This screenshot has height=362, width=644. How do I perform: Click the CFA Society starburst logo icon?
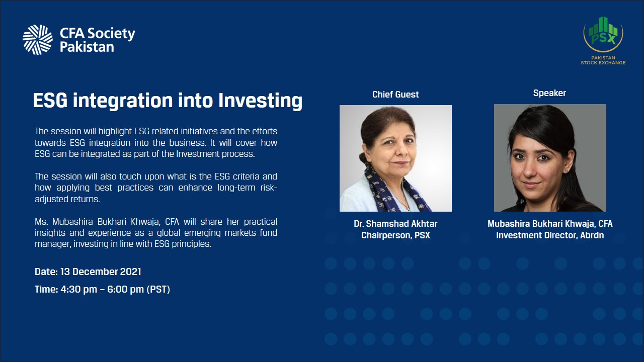(x=38, y=40)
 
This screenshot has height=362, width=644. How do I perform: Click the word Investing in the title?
(x=260, y=101)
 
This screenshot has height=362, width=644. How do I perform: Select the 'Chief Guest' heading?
(x=395, y=95)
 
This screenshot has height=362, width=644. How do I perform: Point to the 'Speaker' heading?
(x=549, y=93)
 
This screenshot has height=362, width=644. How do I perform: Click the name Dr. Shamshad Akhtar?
(x=395, y=224)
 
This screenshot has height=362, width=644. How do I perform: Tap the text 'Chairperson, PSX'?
(x=395, y=235)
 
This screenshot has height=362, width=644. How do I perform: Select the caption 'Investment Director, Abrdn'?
(x=550, y=235)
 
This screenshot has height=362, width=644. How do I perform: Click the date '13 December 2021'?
(x=101, y=272)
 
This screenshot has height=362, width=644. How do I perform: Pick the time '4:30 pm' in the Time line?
(x=79, y=289)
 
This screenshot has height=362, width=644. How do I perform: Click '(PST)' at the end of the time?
(x=158, y=289)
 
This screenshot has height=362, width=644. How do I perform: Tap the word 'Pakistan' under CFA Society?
(x=87, y=47)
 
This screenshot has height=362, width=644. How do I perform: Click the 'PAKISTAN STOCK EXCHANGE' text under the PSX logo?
(x=603, y=60)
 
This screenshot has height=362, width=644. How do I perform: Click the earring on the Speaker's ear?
(x=566, y=171)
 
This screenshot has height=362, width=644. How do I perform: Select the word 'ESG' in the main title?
(x=50, y=101)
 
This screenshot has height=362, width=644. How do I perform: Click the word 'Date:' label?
(x=46, y=272)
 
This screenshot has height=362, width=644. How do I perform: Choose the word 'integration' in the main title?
(x=123, y=101)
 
